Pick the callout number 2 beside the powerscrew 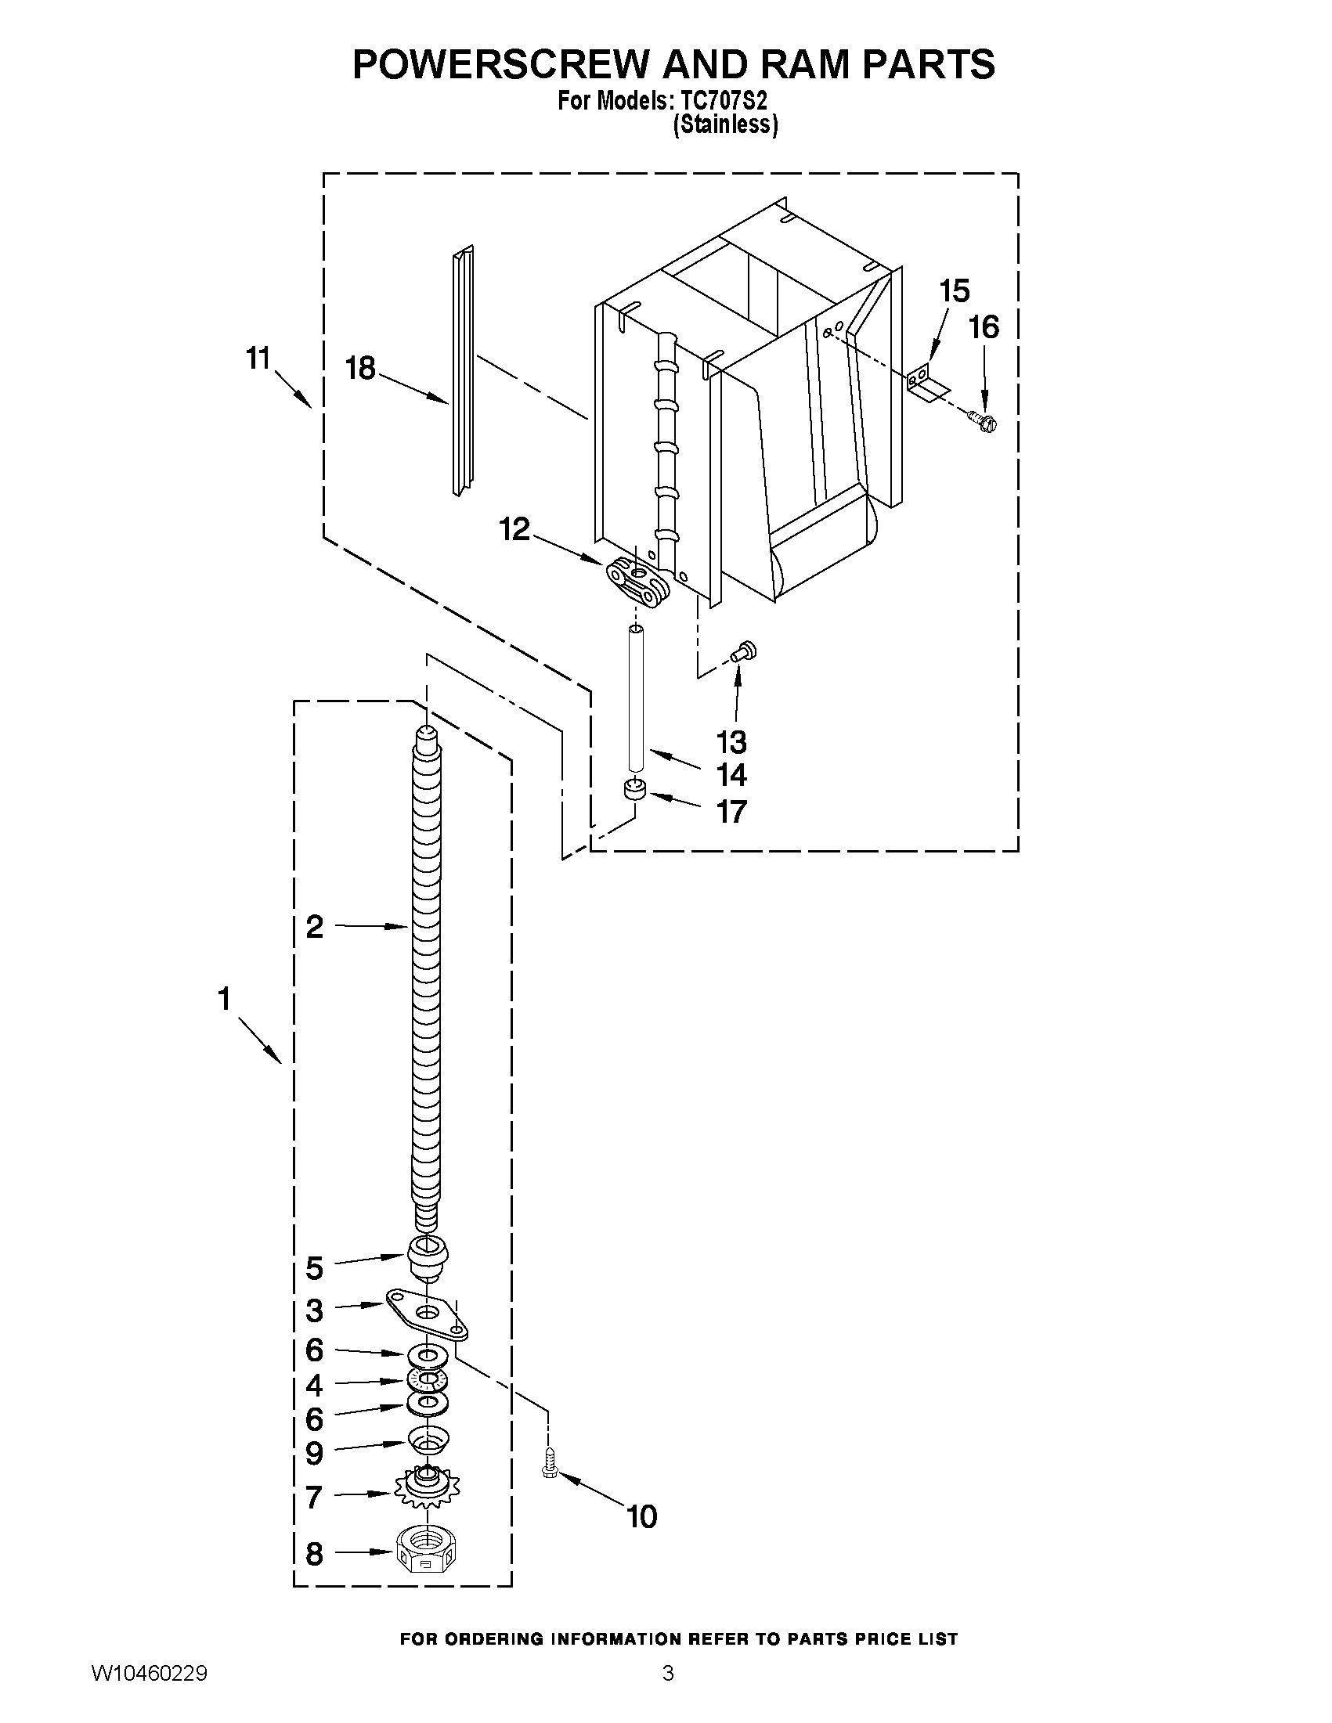[x=314, y=927]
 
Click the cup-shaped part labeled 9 [x=428, y=1440]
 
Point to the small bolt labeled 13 [x=742, y=651]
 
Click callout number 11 [x=258, y=359]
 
